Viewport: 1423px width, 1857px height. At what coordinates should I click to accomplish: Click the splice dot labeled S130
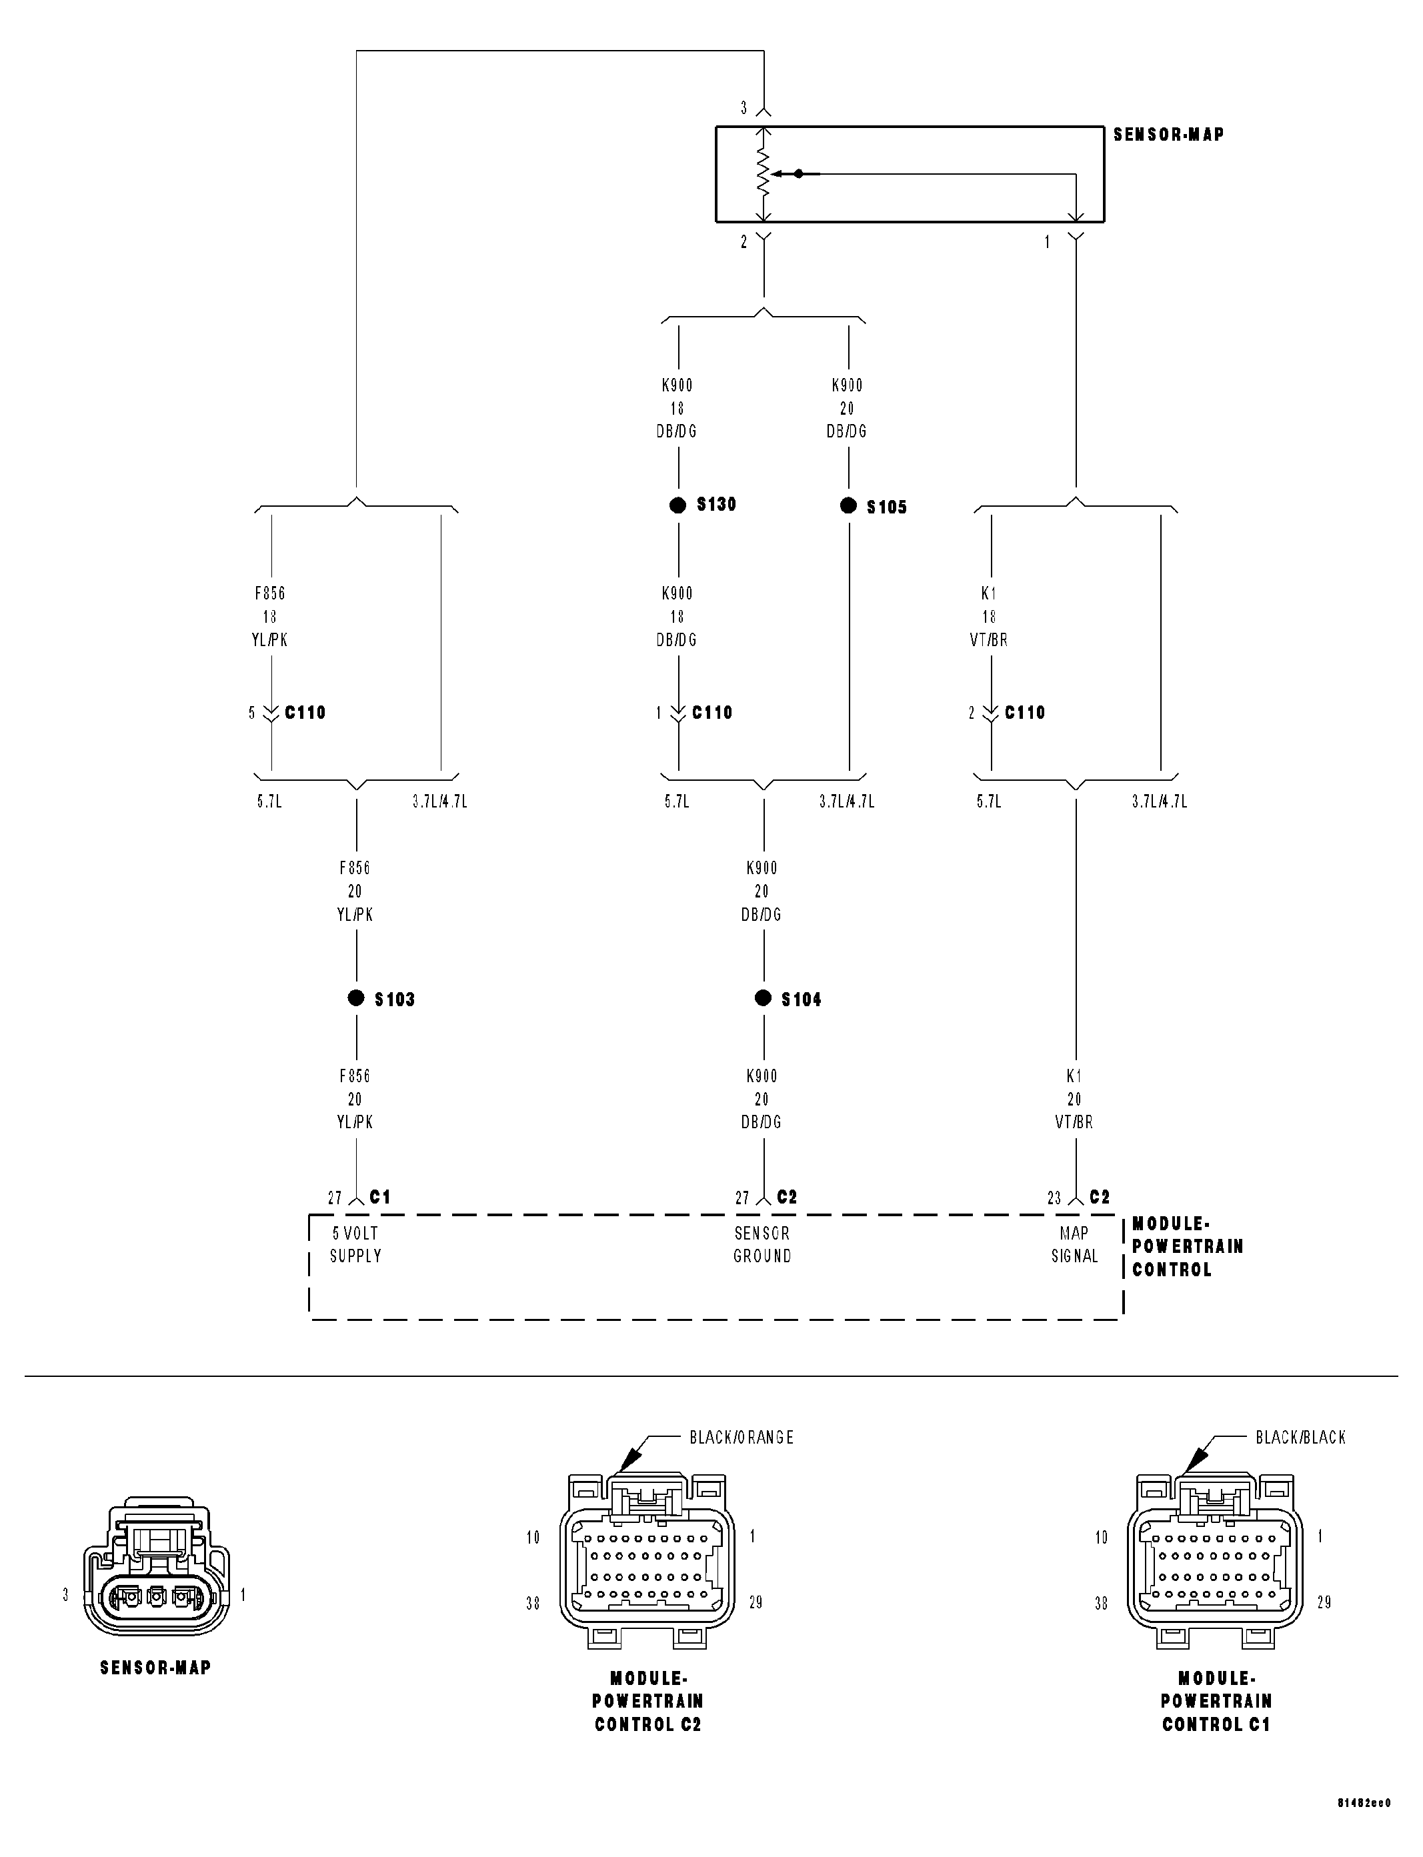pyautogui.click(x=677, y=505)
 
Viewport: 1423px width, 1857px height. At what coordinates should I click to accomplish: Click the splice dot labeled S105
pyautogui.click(x=848, y=505)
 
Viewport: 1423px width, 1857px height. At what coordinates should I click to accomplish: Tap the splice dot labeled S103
pyautogui.click(x=356, y=998)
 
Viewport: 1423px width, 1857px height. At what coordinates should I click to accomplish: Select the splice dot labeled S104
pyautogui.click(x=763, y=998)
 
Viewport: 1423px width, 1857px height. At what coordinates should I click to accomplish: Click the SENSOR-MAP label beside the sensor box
pyautogui.click(x=1168, y=135)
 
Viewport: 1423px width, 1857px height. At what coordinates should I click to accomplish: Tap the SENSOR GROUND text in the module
pyautogui.click(x=762, y=1245)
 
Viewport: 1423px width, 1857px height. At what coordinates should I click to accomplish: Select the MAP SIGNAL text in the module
pyautogui.click(x=1074, y=1245)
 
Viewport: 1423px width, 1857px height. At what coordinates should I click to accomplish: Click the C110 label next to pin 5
pyautogui.click(x=305, y=713)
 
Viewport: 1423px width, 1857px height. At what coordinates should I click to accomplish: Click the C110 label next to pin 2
pyautogui.click(x=1025, y=713)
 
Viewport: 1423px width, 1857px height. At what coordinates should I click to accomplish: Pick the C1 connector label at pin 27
pyautogui.click(x=380, y=1196)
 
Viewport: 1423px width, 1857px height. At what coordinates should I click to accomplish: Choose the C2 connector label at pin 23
pyautogui.click(x=1100, y=1196)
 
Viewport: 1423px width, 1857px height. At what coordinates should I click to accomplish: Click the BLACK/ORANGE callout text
pyautogui.click(x=741, y=1437)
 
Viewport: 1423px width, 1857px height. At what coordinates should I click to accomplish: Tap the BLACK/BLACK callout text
pyautogui.click(x=1300, y=1437)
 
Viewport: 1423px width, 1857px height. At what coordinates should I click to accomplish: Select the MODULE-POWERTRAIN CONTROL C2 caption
pyautogui.click(x=648, y=1701)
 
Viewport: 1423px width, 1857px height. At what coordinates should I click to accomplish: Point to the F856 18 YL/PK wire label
pyautogui.click(x=269, y=617)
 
